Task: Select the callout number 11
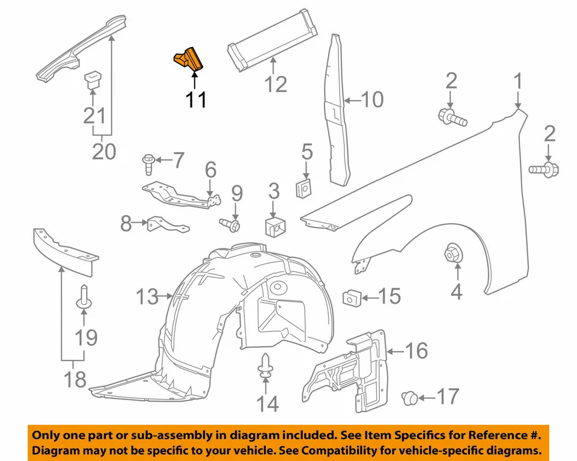tap(196, 99)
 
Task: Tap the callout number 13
tap(147, 296)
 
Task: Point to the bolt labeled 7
tap(147, 160)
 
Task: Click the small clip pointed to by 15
tap(350, 297)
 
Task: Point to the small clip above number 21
tap(91, 80)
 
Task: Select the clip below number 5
tap(306, 188)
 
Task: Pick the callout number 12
tap(276, 84)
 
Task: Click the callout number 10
tap(371, 99)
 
